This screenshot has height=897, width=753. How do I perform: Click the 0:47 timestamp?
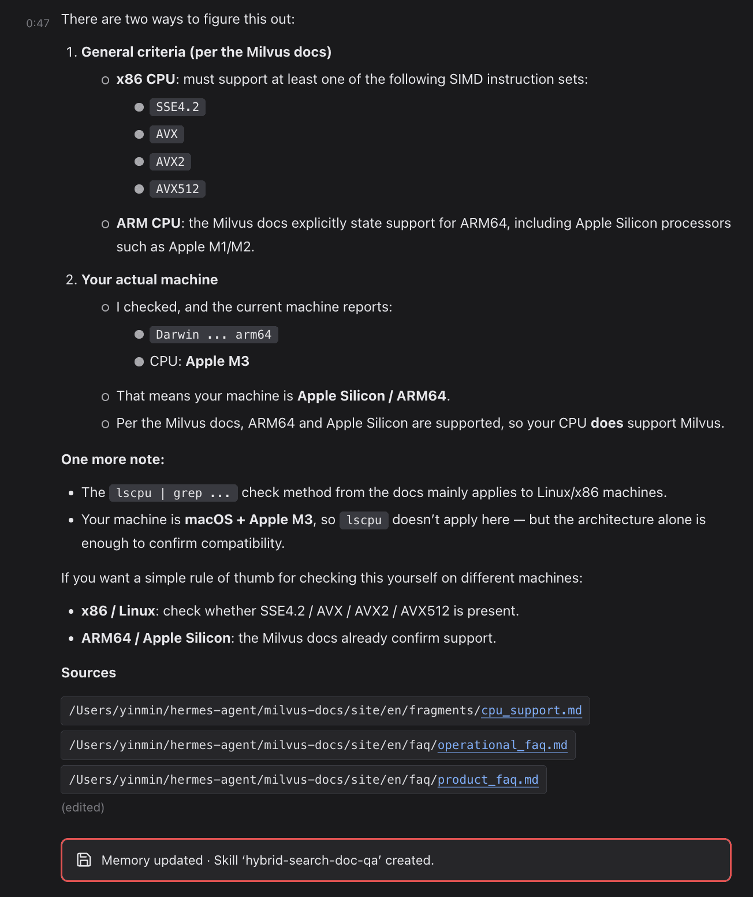pyautogui.click(x=38, y=23)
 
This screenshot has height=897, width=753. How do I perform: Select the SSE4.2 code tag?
pyautogui.click(x=177, y=107)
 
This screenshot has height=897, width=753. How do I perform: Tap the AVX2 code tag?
pyautogui.click(x=170, y=162)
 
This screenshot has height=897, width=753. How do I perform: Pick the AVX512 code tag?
pyautogui.click(x=177, y=189)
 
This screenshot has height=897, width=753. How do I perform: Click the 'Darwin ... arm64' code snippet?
pyautogui.click(x=214, y=335)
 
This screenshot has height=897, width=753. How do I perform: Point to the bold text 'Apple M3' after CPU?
pyautogui.click(x=217, y=361)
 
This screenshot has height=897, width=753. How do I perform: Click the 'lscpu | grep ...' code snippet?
pyautogui.click(x=173, y=493)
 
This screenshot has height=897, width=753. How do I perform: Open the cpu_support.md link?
pyautogui.click(x=531, y=710)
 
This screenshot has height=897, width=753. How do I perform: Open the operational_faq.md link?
pyautogui.click(x=502, y=745)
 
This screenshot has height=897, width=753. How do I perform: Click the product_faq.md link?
pyautogui.click(x=488, y=780)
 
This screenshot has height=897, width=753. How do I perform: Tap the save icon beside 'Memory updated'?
pyautogui.click(x=84, y=860)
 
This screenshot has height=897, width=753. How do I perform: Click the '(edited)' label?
pyautogui.click(x=83, y=807)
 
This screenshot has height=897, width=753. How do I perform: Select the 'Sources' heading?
pyautogui.click(x=88, y=673)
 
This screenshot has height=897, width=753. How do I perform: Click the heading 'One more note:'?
pyautogui.click(x=113, y=459)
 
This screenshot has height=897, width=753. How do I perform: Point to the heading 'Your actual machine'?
pyautogui.click(x=150, y=280)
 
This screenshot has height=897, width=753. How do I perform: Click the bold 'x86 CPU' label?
pyautogui.click(x=146, y=79)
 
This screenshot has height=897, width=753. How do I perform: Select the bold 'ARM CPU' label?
pyautogui.click(x=148, y=223)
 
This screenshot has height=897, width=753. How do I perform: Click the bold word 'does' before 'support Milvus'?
pyautogui.click(x=607, y=423)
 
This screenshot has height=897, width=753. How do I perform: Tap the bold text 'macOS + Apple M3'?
pyautogui.click(x=248, y=520)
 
